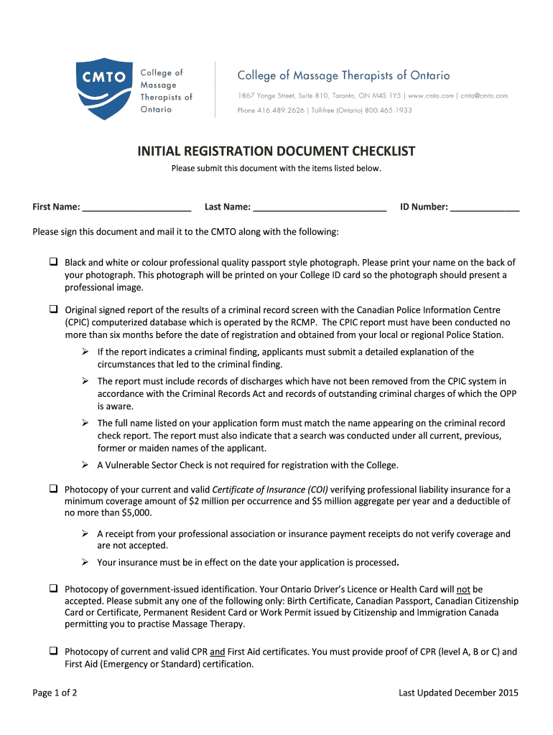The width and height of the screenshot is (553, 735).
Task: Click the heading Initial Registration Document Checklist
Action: [276, 151]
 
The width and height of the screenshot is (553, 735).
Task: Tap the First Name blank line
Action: [136, 208]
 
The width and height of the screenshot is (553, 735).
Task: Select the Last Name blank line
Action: [320, 208]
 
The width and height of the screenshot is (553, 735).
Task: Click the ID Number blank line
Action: [485, 208]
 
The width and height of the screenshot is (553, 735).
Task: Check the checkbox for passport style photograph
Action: [54, 262]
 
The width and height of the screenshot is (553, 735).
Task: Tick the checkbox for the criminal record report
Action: [54, 309]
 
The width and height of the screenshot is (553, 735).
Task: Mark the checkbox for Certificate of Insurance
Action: [54, 489]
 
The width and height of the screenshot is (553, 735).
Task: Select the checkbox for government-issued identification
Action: [54, 589]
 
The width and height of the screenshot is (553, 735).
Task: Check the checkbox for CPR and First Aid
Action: [54, 651]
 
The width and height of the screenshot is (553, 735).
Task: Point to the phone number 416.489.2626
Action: [282, 111]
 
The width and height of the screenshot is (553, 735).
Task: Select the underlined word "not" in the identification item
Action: [463, 589]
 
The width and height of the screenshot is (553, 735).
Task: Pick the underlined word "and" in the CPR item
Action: [217, 652]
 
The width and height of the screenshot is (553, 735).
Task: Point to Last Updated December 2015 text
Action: [458, 693]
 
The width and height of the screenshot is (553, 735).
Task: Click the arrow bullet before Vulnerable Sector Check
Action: [85, 464]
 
